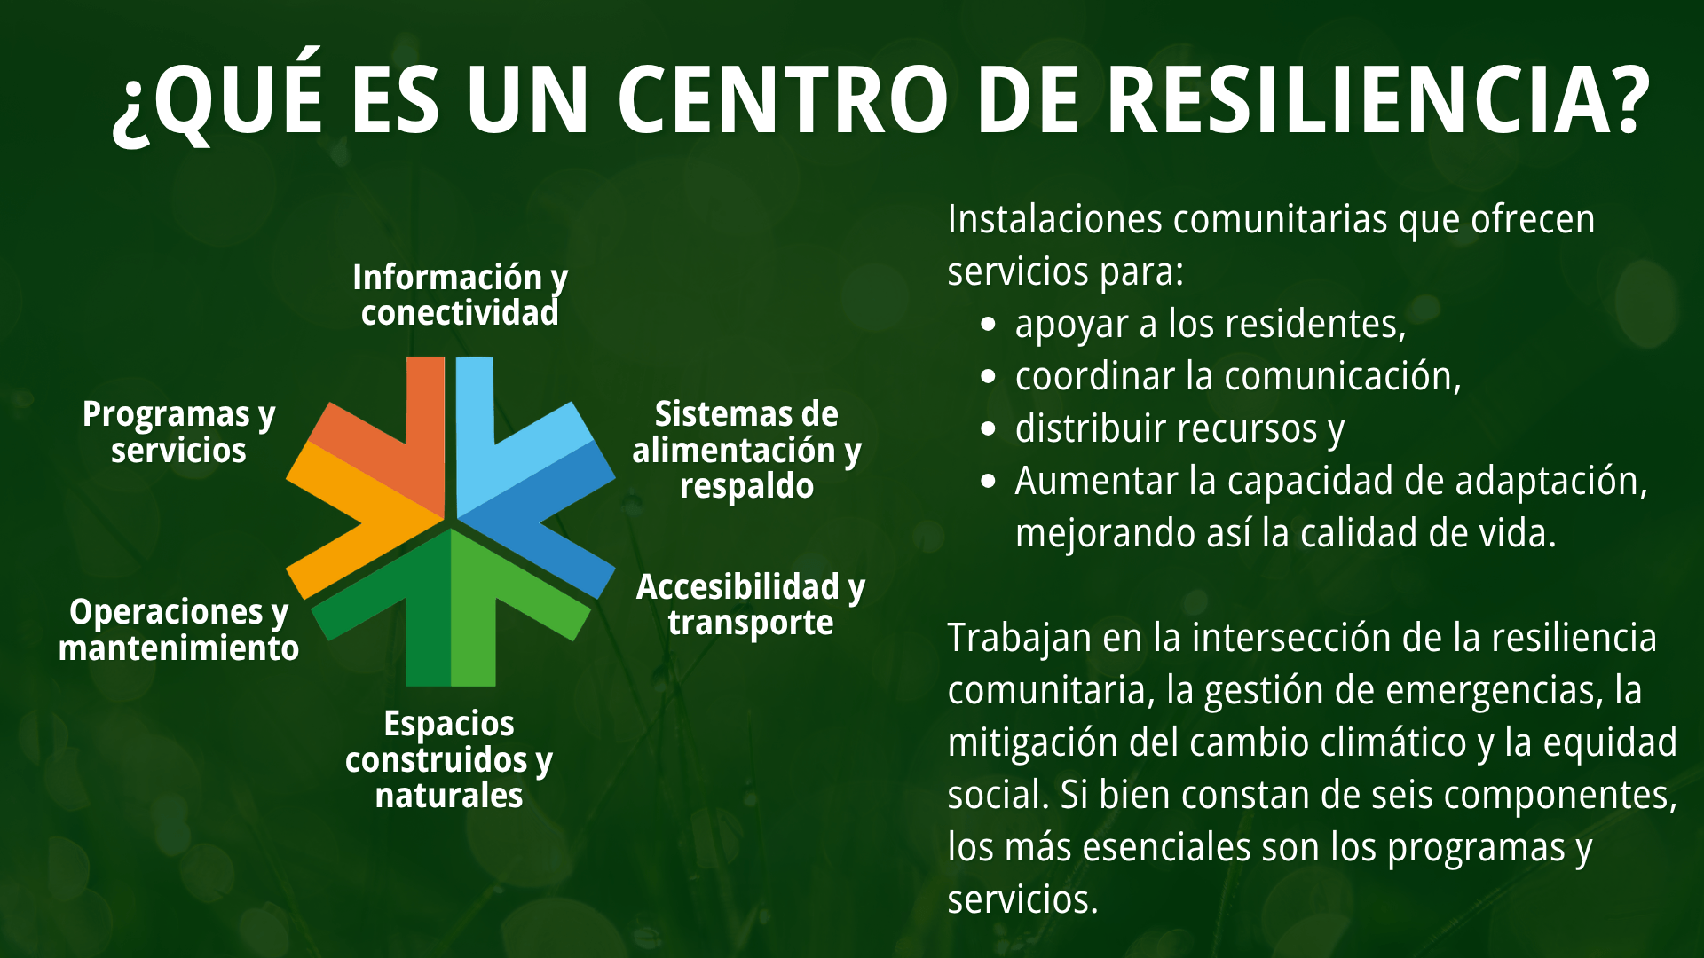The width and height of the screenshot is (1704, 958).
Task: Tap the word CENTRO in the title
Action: click(x=783, y=99)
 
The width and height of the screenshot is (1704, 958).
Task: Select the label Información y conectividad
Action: click(x=460, y=295)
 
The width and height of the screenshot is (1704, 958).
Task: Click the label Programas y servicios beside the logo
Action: click(x=178, y=432)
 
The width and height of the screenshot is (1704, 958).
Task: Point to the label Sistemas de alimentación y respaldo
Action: click(x=746, y=450)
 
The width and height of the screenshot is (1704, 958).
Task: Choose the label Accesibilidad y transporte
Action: click(x=751, y=605)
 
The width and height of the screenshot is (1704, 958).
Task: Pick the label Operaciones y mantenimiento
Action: click(x=178, y=630)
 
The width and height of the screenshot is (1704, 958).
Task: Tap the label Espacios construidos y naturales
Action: click(x=449, y=759)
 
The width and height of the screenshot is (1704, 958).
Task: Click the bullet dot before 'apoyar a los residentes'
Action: click(x=989, y=325)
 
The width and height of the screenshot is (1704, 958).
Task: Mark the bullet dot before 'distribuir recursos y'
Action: click(x=989, y=429)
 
